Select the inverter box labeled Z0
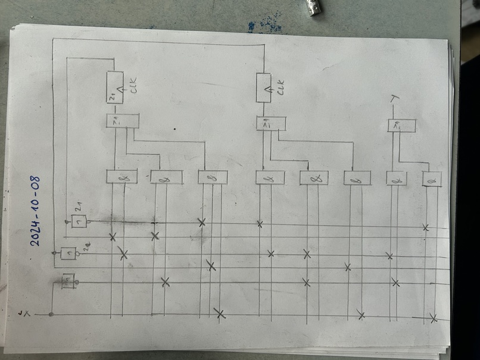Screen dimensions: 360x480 [69, 254]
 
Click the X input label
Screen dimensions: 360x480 [23, 312]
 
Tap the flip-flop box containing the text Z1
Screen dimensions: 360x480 [114, 87]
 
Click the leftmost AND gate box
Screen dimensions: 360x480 [121, 176]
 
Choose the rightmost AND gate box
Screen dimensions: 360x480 [432, 179]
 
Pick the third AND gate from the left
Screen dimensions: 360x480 [213, 177]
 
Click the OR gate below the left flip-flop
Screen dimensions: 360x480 [122, 121]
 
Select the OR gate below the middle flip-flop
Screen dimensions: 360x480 [271, 123]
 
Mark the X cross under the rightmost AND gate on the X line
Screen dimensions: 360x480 [434, 318]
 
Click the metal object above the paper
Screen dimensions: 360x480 [312, 8]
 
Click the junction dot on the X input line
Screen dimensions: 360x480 [51, 314]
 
